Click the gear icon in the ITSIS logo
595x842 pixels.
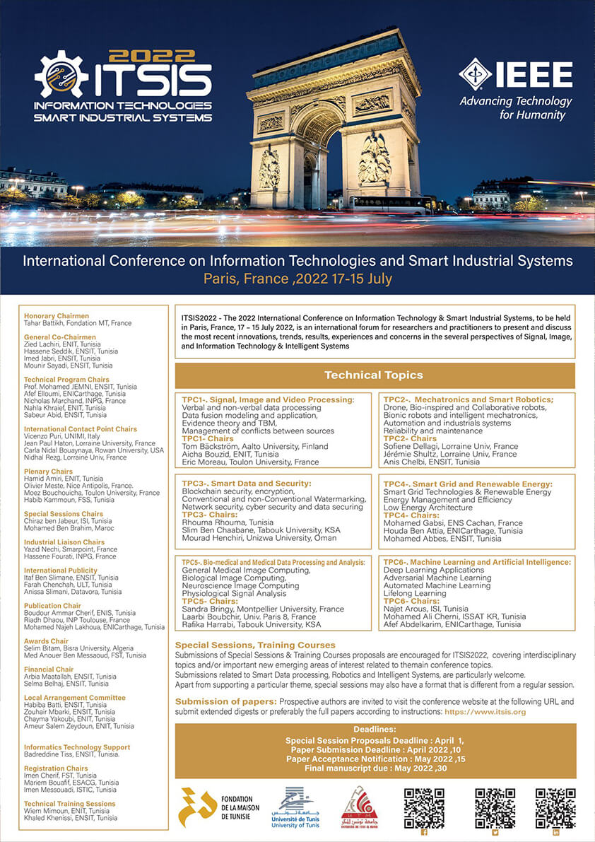pos(61,74)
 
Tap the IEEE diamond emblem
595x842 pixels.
pos(475,74)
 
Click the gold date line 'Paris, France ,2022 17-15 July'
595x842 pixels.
pos(297,279)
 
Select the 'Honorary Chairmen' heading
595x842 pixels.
pos(57,316)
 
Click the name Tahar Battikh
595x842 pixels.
pos(47,323)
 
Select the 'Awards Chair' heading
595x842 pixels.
pos(46,642)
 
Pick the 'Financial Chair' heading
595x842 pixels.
pos(49,669)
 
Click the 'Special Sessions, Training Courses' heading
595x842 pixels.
pos(255,645)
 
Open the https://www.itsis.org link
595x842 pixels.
pos(485,712)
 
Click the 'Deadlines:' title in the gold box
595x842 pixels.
pos(375,729)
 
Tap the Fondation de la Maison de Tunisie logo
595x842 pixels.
pos(209,807)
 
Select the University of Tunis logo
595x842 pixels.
pos(295,807)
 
